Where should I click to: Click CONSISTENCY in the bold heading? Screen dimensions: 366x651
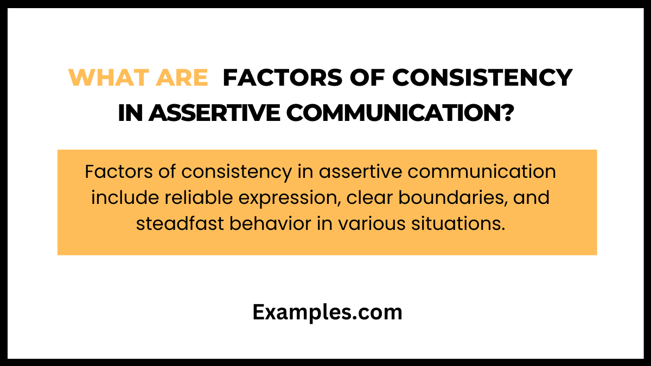[x=482, y=78]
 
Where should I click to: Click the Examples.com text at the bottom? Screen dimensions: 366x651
[x=327, y=312]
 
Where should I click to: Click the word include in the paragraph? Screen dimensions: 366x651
[x=122, y=198]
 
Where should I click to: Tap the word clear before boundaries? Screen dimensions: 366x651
[x=370, y=198]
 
